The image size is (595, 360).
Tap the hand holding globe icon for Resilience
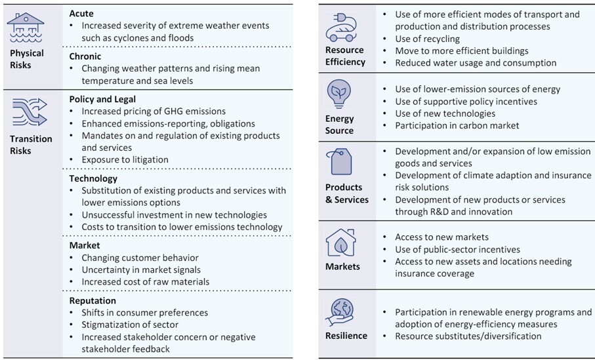point(339,311)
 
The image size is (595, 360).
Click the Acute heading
point(81,14)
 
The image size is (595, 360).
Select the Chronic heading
point(85,56)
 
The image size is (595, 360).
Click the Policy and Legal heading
point(102,99)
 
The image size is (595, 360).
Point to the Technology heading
point(93,178)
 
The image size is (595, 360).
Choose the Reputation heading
point(92,300)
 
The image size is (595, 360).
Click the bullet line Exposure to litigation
point(125,159)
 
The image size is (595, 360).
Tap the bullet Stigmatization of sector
point(130,325)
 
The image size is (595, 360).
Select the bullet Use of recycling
point(427,39)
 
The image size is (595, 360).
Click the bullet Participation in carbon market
point(457,125)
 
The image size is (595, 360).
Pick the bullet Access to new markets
point(441,237)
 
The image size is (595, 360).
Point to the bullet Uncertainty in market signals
point(141,270)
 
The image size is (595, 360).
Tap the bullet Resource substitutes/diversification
point(468,336)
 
